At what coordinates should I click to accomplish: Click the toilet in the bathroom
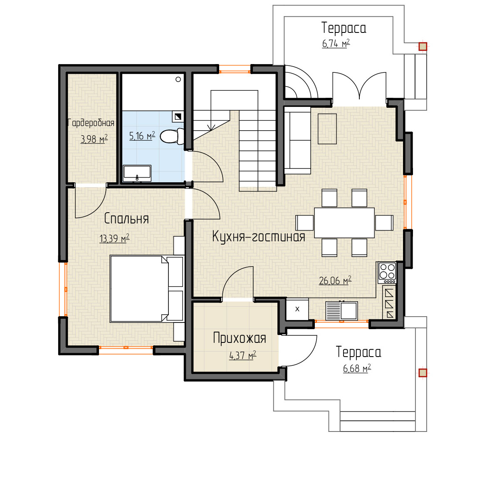pos(172,136)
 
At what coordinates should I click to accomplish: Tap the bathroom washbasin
pos(137,173)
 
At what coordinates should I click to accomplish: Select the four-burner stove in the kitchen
pos(387,273)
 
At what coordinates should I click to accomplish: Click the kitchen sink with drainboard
pos(341,311)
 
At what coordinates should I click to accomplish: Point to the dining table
pos(344,223)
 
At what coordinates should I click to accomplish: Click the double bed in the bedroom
pos(146,289)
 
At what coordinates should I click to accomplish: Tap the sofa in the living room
pos(297,140)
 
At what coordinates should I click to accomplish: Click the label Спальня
pos(126,218)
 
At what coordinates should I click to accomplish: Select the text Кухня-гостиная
pos(259,236)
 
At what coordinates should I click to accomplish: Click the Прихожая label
pos(240,338)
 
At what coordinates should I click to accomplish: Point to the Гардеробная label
pos(91,123)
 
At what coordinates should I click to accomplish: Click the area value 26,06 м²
pos(335,280)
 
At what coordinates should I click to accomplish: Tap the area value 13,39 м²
pos(114,238)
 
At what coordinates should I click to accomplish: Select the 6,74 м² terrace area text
pos(336,43)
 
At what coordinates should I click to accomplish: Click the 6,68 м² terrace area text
pos(357,368)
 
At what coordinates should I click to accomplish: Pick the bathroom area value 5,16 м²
pos(142,136)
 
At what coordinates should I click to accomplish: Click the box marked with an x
pos(297,309)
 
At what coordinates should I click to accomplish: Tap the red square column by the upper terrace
pos(423,47)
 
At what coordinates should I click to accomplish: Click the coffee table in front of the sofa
pos(327,129)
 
